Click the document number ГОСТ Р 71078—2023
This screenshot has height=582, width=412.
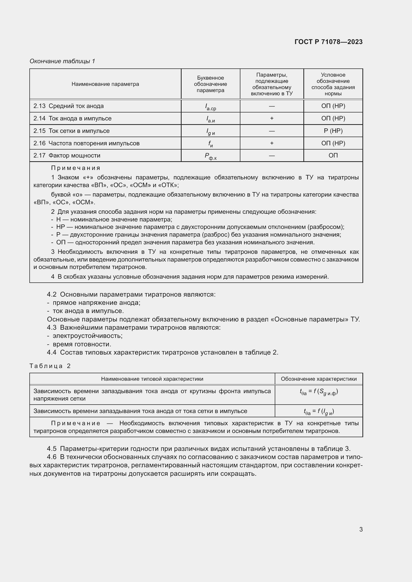point(328,42)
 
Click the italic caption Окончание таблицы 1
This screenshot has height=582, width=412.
point(62,61)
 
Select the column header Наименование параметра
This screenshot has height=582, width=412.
point(105,84)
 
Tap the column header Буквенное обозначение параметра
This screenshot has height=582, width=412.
point(210,84)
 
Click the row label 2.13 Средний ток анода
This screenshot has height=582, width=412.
point(69,106)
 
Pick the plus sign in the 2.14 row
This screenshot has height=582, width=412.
point(272,118)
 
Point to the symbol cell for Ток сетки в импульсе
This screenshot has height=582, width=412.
point(210,131)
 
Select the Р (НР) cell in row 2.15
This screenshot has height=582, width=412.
point(333,131)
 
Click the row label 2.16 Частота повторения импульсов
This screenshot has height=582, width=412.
point(86,143)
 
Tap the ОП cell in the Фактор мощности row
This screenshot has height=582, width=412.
point(333,155)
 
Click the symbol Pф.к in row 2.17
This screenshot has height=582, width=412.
point(210,156)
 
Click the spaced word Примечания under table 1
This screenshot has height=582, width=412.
point(76,168)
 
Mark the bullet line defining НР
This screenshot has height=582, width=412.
point(198,227)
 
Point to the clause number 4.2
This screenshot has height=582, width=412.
point(52,294)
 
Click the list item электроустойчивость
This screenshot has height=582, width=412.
point(87,336)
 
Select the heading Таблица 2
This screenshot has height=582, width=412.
point(50,366)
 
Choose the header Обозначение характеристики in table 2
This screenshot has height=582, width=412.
point(318,379)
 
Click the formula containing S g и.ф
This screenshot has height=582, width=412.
point(318,392)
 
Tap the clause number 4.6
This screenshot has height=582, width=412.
point(52,457)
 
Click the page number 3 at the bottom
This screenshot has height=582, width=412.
point(361,529)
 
